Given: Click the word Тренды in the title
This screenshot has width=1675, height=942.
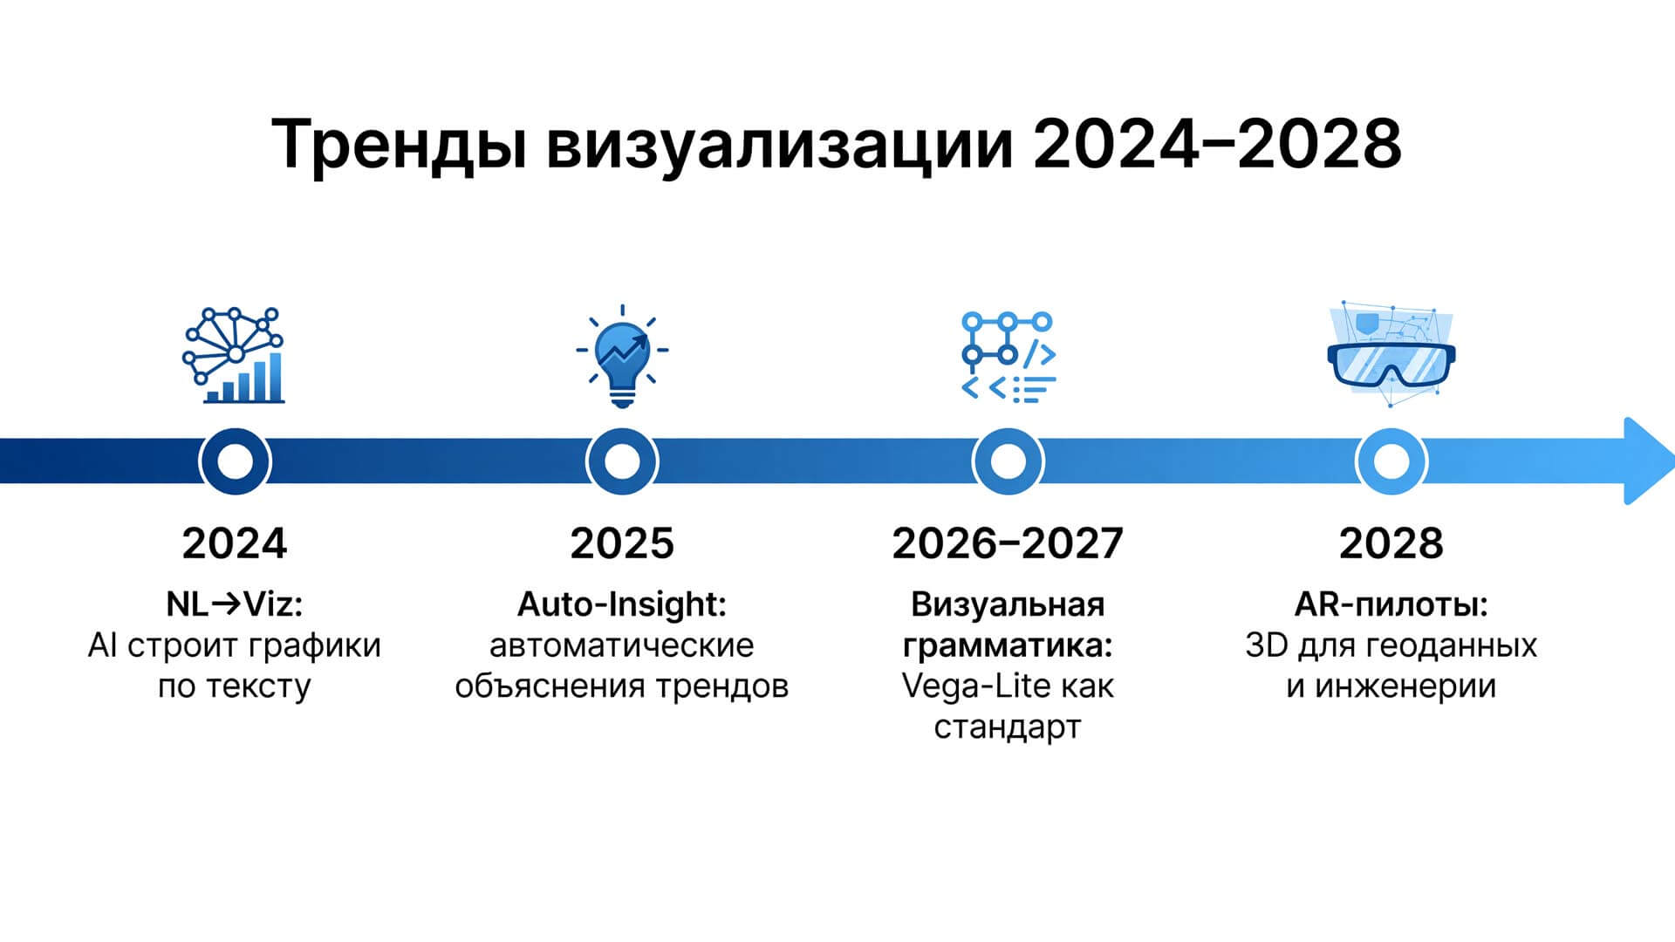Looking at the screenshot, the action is point(400,144).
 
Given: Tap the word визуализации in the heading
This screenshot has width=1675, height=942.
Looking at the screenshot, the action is point(780,144).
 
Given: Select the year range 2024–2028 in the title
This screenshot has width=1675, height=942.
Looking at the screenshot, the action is point(1217,142).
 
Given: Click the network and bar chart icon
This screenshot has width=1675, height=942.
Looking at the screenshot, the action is point(234,355).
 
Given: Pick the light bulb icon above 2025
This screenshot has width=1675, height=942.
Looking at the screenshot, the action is point(622,356).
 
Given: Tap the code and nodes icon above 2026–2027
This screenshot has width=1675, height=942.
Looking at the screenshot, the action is point(1008,357).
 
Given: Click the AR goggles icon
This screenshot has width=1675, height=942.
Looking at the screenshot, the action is point(1391,354).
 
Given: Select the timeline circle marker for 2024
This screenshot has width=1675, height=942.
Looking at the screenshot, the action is point(235,461).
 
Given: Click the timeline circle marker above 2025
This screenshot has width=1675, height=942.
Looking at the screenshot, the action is point(622,461).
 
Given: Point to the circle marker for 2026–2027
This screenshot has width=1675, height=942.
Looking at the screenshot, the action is point(1008,461).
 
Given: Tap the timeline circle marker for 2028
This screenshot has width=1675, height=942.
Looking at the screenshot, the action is point(1391,461).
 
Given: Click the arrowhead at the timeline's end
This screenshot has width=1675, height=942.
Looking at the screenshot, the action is point(1647,461).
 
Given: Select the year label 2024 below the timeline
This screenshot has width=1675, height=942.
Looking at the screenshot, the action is point(235,543).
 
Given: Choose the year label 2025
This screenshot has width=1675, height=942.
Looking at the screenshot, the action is point(622,543).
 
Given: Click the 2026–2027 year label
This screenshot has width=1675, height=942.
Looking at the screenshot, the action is point(1008,543).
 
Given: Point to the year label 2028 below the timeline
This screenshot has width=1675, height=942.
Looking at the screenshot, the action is point(1391,543).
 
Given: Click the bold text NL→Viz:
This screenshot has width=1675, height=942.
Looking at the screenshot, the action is point(235,604).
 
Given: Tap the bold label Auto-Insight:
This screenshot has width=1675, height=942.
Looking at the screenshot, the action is point(622,604).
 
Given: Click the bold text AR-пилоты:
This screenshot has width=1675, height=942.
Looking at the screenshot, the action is point(1391,604).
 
